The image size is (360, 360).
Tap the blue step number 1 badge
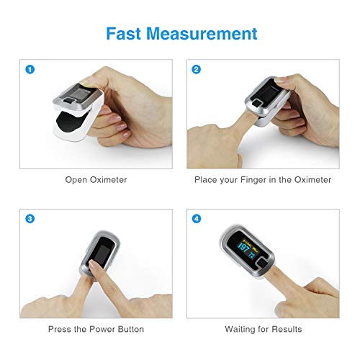point(30,71)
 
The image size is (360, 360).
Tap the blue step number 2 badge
point(197,71)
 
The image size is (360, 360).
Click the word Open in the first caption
point(77,179)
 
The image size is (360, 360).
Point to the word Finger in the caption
point(256,179)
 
